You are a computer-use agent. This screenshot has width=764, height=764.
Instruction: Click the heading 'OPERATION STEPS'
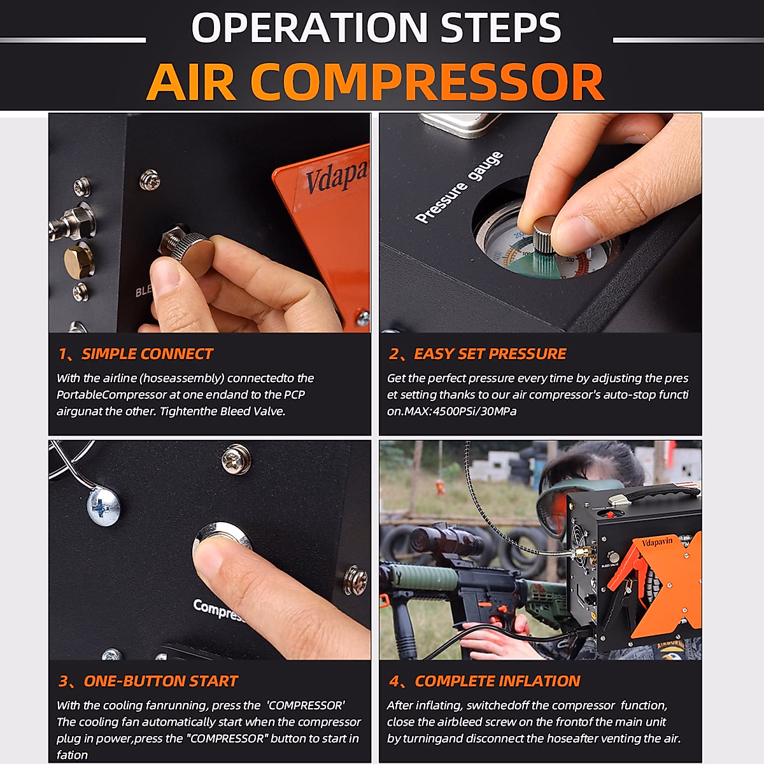376,27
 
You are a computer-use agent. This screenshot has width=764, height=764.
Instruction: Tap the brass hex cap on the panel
78,258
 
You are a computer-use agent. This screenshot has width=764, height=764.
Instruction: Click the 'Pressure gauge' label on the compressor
458,188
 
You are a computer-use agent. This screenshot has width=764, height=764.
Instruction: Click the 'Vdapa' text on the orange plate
336,176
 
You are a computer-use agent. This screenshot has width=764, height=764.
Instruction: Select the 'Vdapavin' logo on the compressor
656,543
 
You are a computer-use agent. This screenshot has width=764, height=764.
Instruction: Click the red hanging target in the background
439,487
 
